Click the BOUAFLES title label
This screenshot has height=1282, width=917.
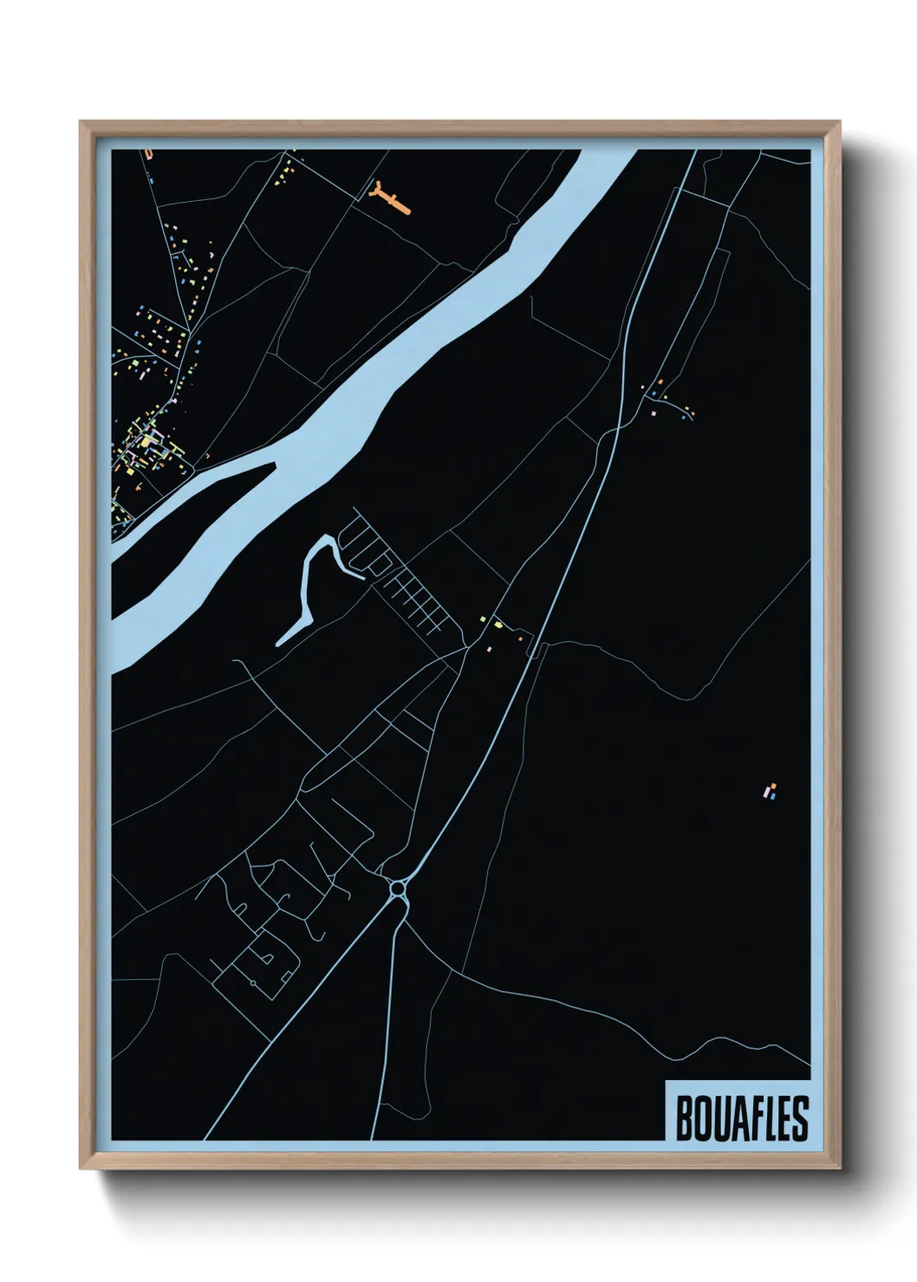[x=740, y=1117]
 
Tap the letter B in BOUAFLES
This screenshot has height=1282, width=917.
[x=683, y=1118]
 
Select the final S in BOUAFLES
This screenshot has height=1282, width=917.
[x=799, y=1118]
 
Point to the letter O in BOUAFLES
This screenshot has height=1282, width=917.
[x=701, y=1118]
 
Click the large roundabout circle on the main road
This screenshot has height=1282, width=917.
[x=399, y=888]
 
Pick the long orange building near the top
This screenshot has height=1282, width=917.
[x=395, y=203]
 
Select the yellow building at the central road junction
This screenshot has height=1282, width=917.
[x=498, y=624]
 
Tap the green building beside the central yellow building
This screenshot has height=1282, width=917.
[x=484, y=618]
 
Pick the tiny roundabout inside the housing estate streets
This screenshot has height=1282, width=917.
[x=252, y=984]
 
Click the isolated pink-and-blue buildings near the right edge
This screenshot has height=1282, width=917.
[x=770, y=791]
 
